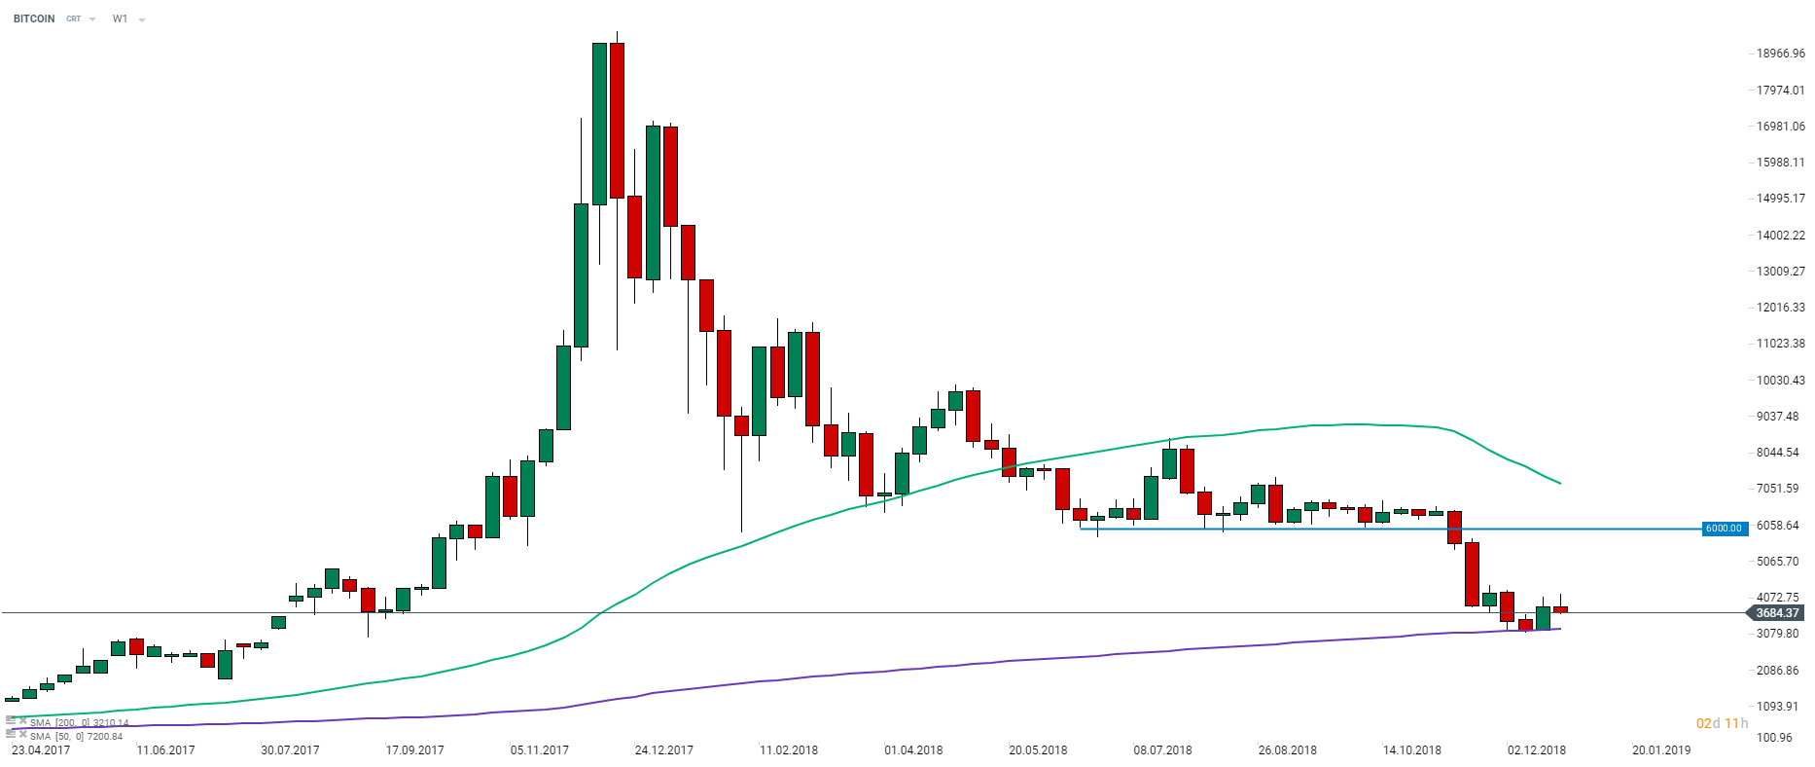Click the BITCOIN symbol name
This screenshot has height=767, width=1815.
[x=34, y=18]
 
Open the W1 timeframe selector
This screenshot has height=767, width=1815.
[x=121, y=18]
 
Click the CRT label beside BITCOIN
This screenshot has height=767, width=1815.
[x=74, y=18]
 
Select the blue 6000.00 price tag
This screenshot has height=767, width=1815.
[x=1724, y=529]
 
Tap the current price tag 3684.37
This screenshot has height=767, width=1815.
[x=1777, y=613]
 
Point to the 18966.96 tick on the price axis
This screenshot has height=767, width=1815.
[x=1780, y=54]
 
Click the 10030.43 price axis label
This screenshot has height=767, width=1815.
[x=1780, y=380]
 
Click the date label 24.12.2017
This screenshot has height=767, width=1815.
[x=663, y=750]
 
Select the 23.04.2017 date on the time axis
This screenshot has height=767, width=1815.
[x=41, y=750]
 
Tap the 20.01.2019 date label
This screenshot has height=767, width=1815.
[x=1661, y=750]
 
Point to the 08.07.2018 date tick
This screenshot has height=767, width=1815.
[x=1162, y=750]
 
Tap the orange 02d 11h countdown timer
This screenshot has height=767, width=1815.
[x=1722, y=723]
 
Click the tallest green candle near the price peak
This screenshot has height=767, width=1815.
[x=599, y=124]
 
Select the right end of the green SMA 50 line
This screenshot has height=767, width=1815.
[x=1560, y=483]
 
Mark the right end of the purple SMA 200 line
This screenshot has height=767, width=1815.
[x=1560, y=629]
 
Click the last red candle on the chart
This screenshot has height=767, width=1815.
[x=1560, y=609]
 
